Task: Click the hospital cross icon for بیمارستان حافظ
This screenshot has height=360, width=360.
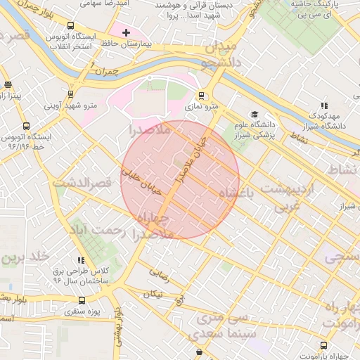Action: click(x=126, y=32)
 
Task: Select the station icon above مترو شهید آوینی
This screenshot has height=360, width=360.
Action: click(x=70, y=94)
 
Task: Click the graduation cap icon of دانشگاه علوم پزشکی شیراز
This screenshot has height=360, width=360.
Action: click(x=254, y=115)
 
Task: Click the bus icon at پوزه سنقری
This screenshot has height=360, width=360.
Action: click(x=82, y=300)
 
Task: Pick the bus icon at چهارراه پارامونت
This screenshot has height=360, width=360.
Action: click(x=323, y=345)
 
